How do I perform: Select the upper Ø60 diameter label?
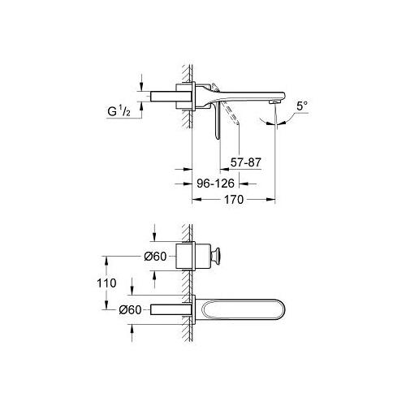[x=154, y=257]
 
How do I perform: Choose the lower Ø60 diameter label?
[x=154, y=309]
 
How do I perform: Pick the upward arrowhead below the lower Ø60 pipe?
[x=143, y=322]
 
